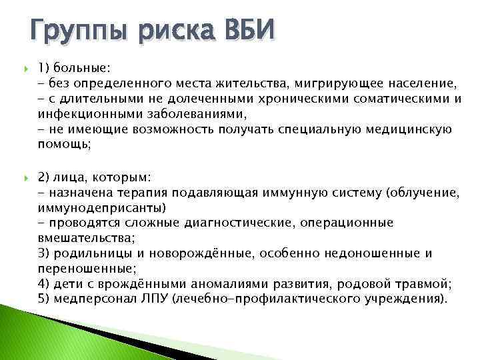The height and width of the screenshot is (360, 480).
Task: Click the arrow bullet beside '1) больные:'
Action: click(24, 68)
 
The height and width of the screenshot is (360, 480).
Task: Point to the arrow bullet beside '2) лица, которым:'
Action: click(24, 177)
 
